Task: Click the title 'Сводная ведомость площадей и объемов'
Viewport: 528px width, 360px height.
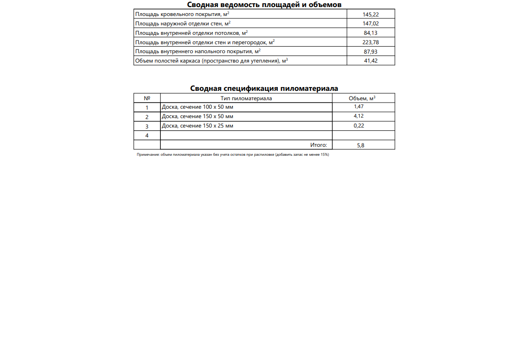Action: tap(264, 5)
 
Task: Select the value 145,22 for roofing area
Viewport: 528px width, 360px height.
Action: tap(371, 15)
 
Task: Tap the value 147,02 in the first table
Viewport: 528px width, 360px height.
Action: tap(371, 24)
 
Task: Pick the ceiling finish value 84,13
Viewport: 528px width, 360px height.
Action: tap(371, 33)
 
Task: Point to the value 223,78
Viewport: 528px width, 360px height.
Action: tap(371, 42)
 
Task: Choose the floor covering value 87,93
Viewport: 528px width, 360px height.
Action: tap(371, 52)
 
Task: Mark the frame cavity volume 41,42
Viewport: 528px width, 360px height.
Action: tap(371, 61)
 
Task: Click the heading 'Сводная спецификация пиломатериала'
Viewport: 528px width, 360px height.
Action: tap(264, 88)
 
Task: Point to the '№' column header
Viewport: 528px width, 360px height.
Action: tap(147, 98)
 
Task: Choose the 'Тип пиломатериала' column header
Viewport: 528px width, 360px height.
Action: tap(246, 98)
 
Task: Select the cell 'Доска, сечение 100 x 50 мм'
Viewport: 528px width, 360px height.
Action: tap(197, 107)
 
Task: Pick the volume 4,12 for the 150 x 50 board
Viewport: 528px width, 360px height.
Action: tap(359, 116)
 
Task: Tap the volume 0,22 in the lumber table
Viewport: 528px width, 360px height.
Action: tap(359, 126)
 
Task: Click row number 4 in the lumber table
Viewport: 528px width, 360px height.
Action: tap(147, 136)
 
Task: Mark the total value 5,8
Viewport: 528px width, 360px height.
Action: tap(361, 145)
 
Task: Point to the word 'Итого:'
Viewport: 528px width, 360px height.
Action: tap(318, 145)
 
